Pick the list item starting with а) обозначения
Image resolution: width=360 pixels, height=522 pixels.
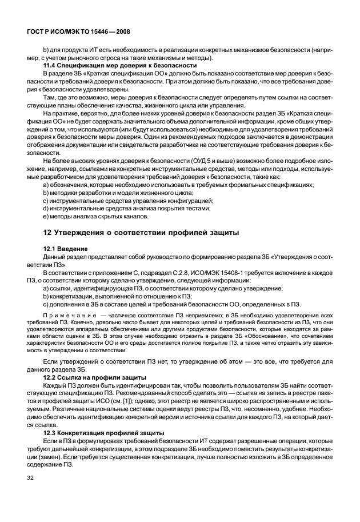[178, 185]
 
